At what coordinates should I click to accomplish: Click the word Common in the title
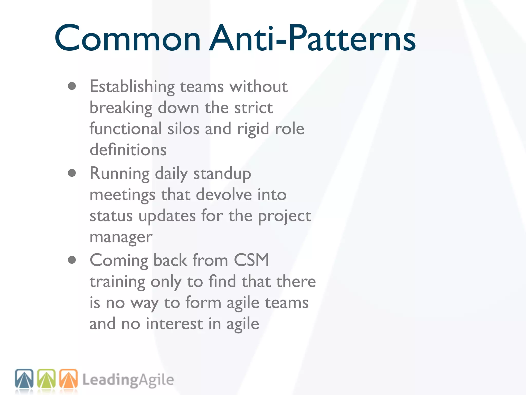pos(127,39)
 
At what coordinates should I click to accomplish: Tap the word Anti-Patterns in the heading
pos(312,39)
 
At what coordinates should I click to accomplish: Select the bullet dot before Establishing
pos(72,86)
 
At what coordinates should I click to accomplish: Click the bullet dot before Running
pos(72,173)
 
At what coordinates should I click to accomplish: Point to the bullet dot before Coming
pos(72,260)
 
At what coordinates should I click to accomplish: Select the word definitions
pos(128,150)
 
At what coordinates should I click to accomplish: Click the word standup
pos(222,174)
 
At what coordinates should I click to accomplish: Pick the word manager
pos(121,237)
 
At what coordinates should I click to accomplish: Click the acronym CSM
pos(251,260)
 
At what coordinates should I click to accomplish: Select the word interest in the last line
pos(174,324)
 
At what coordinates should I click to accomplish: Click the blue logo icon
pos(24,378)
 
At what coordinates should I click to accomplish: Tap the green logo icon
pos(46,378)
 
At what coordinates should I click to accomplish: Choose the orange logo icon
pos(69,378)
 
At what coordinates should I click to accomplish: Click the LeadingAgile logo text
pos(128,380)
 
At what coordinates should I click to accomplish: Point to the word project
pos(284,216)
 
